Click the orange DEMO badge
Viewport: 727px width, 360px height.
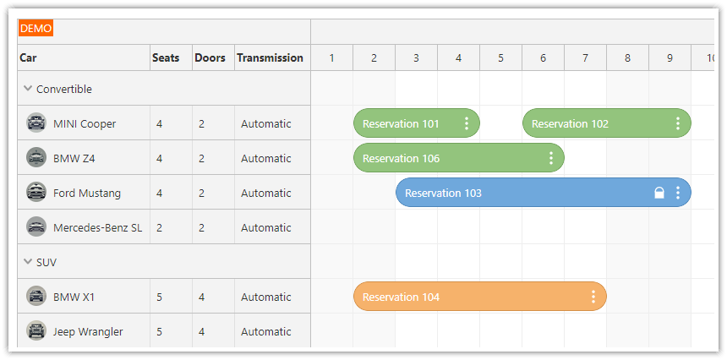36,29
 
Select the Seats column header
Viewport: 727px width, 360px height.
166,58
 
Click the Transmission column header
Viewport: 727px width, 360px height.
270,58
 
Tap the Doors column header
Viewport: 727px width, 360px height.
210,58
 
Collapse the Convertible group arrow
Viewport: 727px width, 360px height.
28,89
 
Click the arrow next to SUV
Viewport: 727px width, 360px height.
28,262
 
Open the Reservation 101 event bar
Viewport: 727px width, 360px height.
402,123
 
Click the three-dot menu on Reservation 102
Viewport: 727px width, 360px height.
678,123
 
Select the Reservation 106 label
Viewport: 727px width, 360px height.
402,158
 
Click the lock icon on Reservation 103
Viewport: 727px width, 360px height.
659,193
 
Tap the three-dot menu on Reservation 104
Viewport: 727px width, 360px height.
593,297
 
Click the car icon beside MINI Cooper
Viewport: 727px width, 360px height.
36,123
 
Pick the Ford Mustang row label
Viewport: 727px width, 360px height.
87,193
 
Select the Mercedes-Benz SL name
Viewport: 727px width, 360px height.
97,227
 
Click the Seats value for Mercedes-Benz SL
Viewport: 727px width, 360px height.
159,227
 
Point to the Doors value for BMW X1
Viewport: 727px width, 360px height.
201,297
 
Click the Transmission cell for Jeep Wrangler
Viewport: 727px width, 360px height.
265,331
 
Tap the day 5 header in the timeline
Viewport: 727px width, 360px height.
500,58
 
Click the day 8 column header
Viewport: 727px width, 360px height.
627,58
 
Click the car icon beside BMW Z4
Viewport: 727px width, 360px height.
36,158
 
